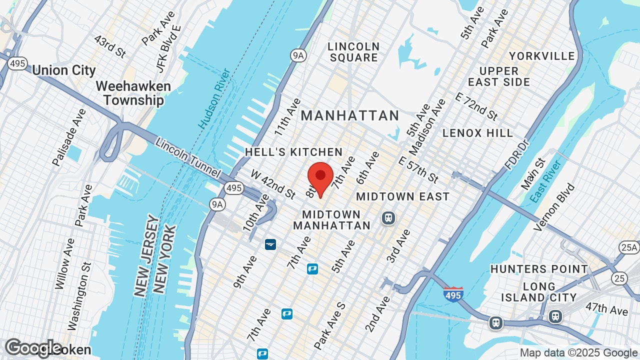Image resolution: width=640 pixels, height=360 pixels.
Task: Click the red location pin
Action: click(320, 178)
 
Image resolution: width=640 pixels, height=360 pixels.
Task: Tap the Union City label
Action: click(63, 70)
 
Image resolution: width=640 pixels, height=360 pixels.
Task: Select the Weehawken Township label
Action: click(133, 93)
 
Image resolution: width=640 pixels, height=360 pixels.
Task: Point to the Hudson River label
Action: click(214, 98)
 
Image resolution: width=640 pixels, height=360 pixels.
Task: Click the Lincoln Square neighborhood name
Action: click(353, 52)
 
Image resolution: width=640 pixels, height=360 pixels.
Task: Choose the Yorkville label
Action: click(541, 55)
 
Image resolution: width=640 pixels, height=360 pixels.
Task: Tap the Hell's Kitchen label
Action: click(293, 152)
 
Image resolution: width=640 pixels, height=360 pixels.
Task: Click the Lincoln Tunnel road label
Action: click(188, 157)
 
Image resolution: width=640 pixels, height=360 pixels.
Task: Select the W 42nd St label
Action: click(273, 184)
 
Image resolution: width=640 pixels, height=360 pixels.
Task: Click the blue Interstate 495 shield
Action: click(453, 293)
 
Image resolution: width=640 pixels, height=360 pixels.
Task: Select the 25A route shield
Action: click(628, 247)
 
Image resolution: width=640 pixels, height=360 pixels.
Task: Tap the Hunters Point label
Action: click(539, 269)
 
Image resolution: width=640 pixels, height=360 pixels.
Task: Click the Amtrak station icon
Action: click(270, 244)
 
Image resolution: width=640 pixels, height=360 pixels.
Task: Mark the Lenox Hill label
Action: click(477, 133)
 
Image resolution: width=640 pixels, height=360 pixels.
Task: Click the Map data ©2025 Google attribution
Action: click(578, 352)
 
